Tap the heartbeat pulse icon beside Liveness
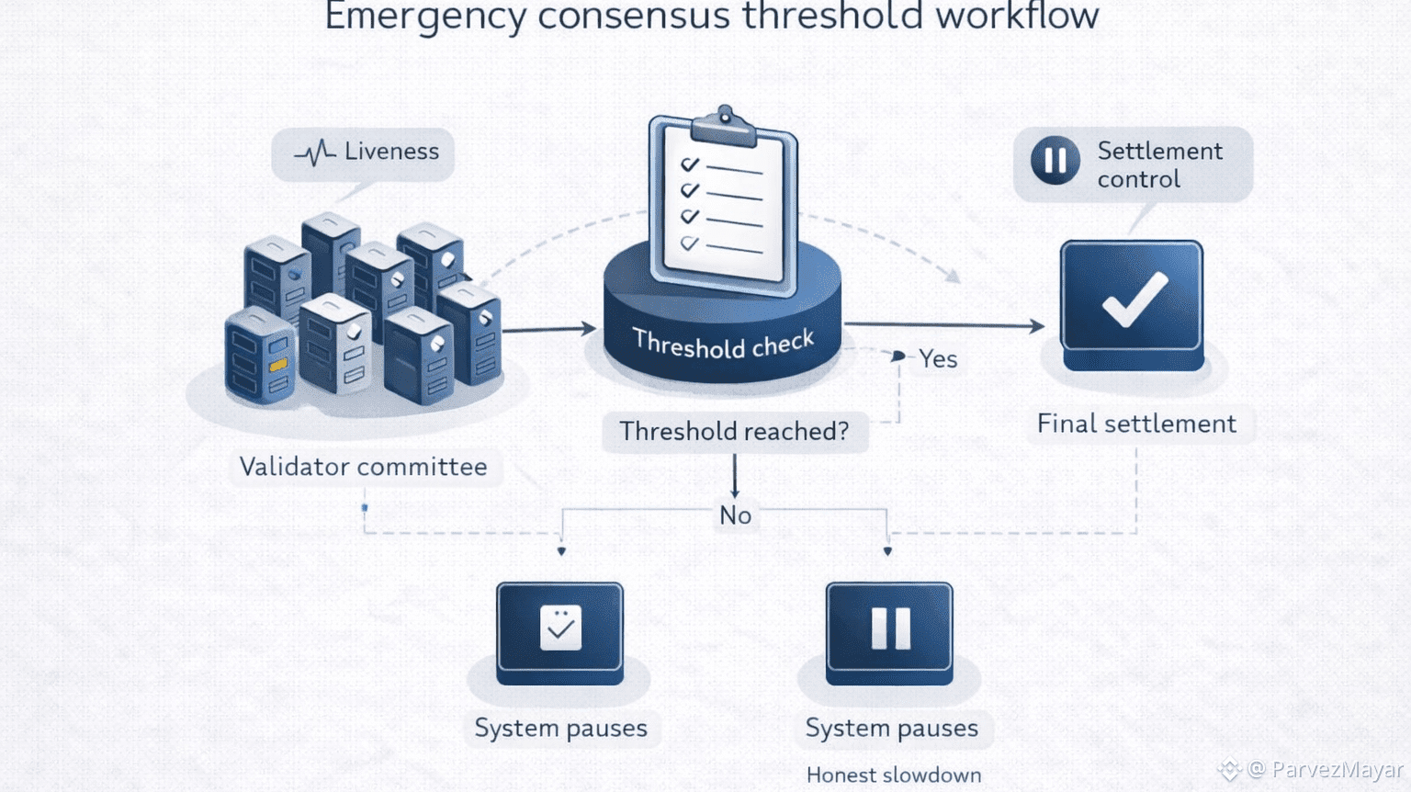tap(315, 153)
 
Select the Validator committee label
tap(363, 467)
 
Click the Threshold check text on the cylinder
tap(723, 344)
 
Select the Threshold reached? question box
tap(734, 431)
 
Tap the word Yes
tap(938, 359)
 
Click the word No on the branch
tap(735, 515)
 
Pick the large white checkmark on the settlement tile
tap(1134, 300)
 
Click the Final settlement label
tap(1136, 424)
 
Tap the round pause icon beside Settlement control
tap(1055, 161)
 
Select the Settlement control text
tap(1159, 164)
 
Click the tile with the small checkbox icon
tap(559, 632)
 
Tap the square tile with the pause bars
tap(888, 632)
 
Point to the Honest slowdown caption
tap(893, 775)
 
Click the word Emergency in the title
tap(424, 17)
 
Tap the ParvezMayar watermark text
tap(1337, 770)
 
